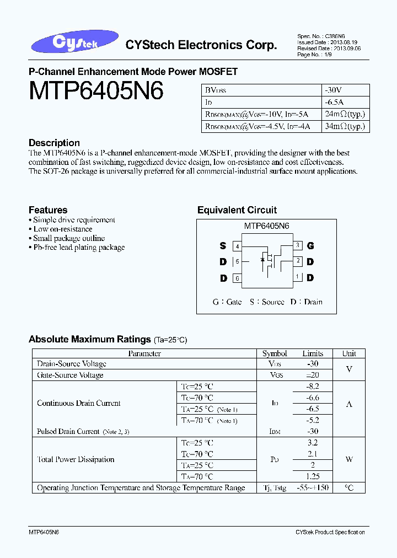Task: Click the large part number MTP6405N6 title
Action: click(96, 91)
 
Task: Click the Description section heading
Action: click(54, 143)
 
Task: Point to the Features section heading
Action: click(48, 210)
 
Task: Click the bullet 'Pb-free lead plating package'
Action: click(79, 248)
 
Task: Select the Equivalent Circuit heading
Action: click(237, 210)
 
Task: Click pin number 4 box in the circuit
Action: click(237, 246)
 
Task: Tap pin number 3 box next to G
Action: click(298, 245)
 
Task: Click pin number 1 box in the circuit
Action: click(298, 277)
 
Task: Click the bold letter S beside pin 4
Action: click(223, 246)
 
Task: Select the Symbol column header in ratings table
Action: click(275, 353)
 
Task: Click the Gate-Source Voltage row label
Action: click(70, 375)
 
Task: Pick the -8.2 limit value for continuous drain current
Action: click(313, 387)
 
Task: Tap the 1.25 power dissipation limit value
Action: click(313, 476)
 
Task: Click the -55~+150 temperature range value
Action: click(313, 488)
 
